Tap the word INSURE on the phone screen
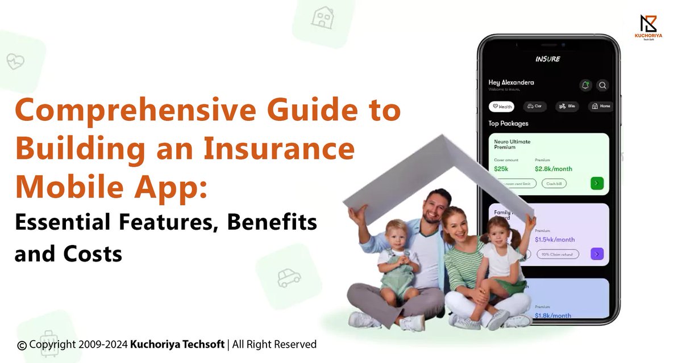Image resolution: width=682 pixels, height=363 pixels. pyautogui.click(x=547, y=59)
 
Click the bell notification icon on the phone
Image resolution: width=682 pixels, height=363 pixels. pyautogui.click(x=585, y=86)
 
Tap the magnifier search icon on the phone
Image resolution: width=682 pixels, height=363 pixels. pyautogui.click(x=602, y=86)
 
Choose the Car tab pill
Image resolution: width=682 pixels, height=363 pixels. pyautogui.click(x=534, y=106)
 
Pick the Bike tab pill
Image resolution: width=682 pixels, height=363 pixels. pyautogui.click(x=567, y=106)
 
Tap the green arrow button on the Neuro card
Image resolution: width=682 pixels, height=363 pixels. pyautogui.click(x=597, y=183)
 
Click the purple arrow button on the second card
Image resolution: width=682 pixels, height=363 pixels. pyautogui.click(x=597, y=254)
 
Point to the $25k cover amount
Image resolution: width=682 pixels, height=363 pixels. pyautogui.click(x=501, y=169)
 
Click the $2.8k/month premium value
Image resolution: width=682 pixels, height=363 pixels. pyautogui.click(x=553, y=169)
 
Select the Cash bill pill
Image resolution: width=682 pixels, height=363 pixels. pyautogui.click(x=553, y=184)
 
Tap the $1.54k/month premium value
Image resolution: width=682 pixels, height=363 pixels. pyautogui.click(x=554, y=239)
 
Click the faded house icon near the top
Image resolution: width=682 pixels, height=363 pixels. pyautogui.click(x=322, y=18)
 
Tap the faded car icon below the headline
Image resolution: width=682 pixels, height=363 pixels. pyautogui.click(x=289, y=277)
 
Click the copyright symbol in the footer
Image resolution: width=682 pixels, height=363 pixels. pyautogui.click(x=22, y=345)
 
